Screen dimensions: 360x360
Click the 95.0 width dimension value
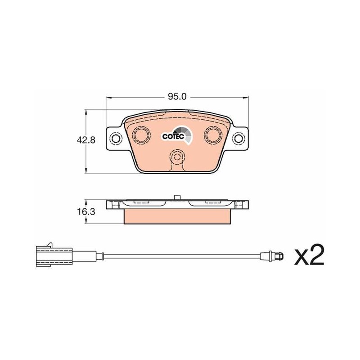(177, 97)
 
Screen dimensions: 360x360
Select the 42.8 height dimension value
(86, 140)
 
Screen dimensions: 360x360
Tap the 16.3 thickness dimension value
(86, 211)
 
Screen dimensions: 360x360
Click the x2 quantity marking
(309, 255)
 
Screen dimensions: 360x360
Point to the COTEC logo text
(173, 136)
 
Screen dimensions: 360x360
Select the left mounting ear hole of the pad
(115, 138)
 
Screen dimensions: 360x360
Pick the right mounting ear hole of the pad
(238, 138)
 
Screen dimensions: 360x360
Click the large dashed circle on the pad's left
(141, 135)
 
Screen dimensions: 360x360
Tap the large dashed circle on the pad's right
(212, 135)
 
